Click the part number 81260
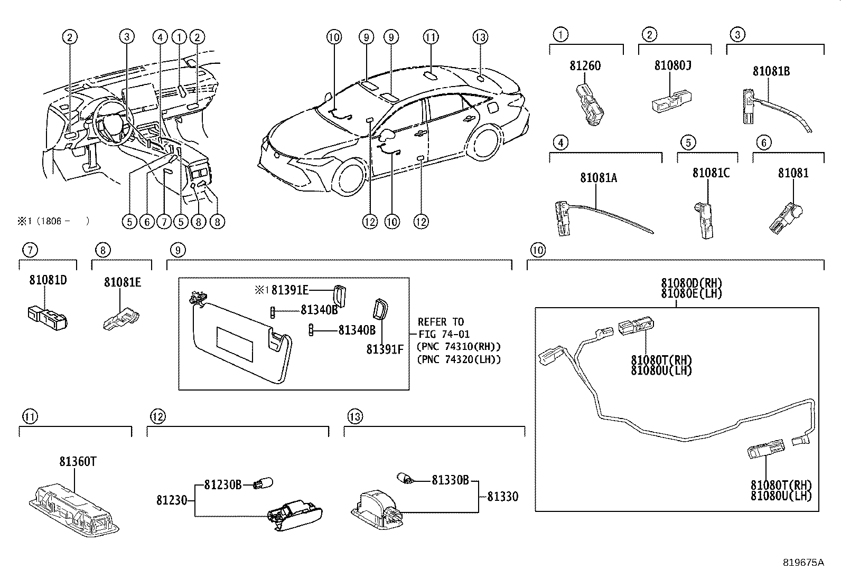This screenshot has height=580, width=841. (585, 66)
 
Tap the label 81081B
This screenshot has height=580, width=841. (771, 71)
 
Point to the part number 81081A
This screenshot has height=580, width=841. (598, 178)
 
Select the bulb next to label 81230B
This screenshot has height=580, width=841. (264, 483)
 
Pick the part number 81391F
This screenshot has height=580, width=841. (385, 349)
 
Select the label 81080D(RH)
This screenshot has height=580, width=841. (691, 283)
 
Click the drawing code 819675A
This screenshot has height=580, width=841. (803, 563)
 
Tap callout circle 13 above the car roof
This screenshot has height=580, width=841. (480, 37)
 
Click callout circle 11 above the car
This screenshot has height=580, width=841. (431, 37)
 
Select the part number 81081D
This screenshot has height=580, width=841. (48, 280)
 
